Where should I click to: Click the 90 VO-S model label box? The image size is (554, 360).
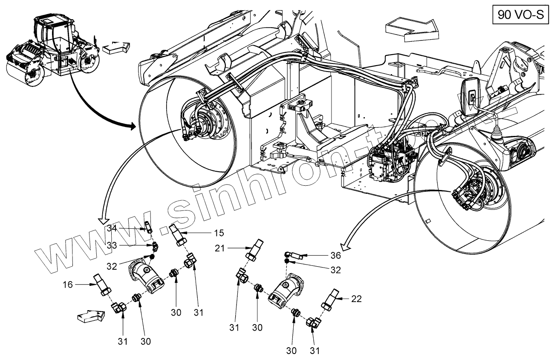(520, 14)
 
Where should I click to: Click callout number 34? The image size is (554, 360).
(112, 229)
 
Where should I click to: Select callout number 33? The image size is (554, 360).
(112, 245)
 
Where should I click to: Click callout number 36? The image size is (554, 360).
(335, 256)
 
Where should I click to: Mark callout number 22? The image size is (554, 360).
(356, 299)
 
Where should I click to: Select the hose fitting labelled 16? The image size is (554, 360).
(102, 285)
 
